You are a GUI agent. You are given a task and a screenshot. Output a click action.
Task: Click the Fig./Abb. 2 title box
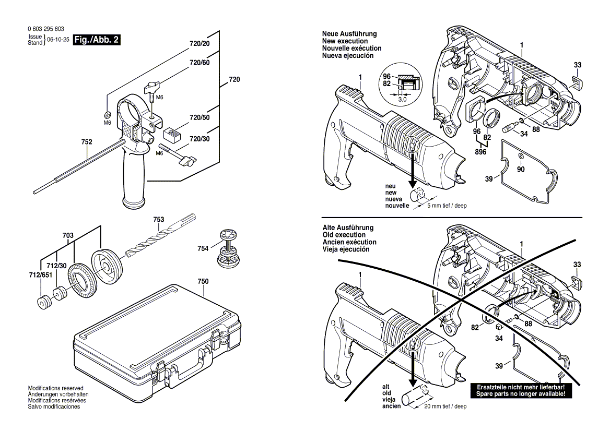[97, 40]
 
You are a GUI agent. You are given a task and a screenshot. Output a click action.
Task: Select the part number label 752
[87, 141]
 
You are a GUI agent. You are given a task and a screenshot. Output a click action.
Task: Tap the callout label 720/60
[199, 63]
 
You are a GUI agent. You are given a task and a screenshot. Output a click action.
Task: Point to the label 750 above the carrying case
[203, 282]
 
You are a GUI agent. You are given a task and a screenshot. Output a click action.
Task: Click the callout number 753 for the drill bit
[159, 220]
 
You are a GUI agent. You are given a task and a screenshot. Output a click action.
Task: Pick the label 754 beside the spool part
[203, 248]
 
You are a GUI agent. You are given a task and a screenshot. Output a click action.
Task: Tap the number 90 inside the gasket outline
[521, 169]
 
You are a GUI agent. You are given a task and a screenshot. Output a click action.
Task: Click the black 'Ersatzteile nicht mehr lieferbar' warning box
[521, 391]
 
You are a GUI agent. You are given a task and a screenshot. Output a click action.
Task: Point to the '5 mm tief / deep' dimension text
[447, 206]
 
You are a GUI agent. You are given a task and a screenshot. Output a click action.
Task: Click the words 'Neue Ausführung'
[348, 34]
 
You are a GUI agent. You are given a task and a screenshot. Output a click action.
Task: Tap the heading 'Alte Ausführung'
[347, 228]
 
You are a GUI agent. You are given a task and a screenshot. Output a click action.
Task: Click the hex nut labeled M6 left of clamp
[106, 114]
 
